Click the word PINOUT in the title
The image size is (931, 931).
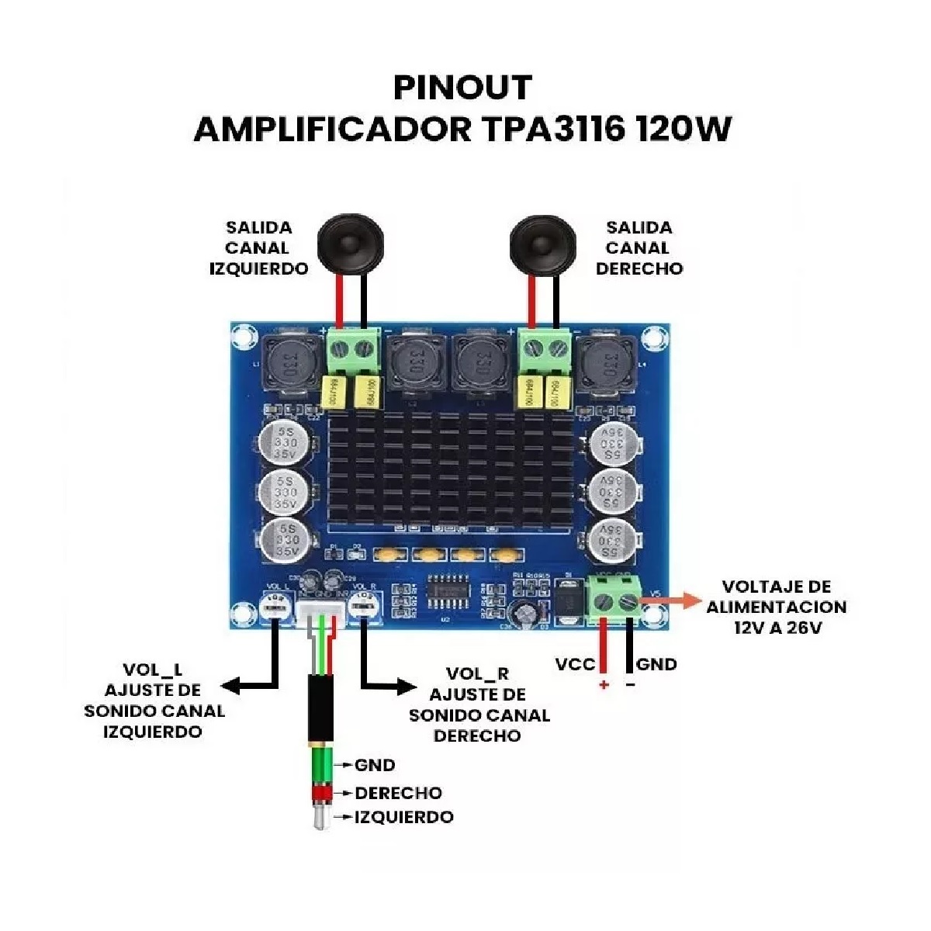click(x=462, y=88)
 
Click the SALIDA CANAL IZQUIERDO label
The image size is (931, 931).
click(x=258, y=248)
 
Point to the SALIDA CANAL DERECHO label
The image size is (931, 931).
click(x=639, y=248)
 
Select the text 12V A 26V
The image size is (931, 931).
click(x=777, y=628)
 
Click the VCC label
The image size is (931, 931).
click(x=575, y=664)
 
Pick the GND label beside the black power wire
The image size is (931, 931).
click(x=656, y=664)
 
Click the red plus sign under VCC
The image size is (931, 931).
click(x=604, y=685)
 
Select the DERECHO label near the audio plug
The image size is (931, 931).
click(x=398, y=793)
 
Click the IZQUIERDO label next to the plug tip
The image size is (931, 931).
click(x=403, y=817)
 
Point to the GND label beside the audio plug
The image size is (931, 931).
click(x=375, y=765)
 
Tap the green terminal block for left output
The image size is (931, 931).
click(x=353, y=352)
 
